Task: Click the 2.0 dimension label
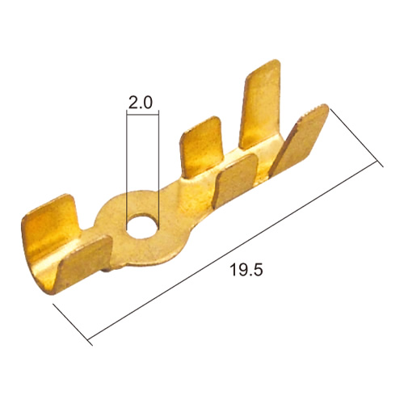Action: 141,103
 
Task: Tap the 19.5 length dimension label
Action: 246,270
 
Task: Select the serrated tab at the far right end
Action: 301,140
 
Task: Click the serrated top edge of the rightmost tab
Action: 313,112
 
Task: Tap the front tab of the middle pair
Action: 236,180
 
